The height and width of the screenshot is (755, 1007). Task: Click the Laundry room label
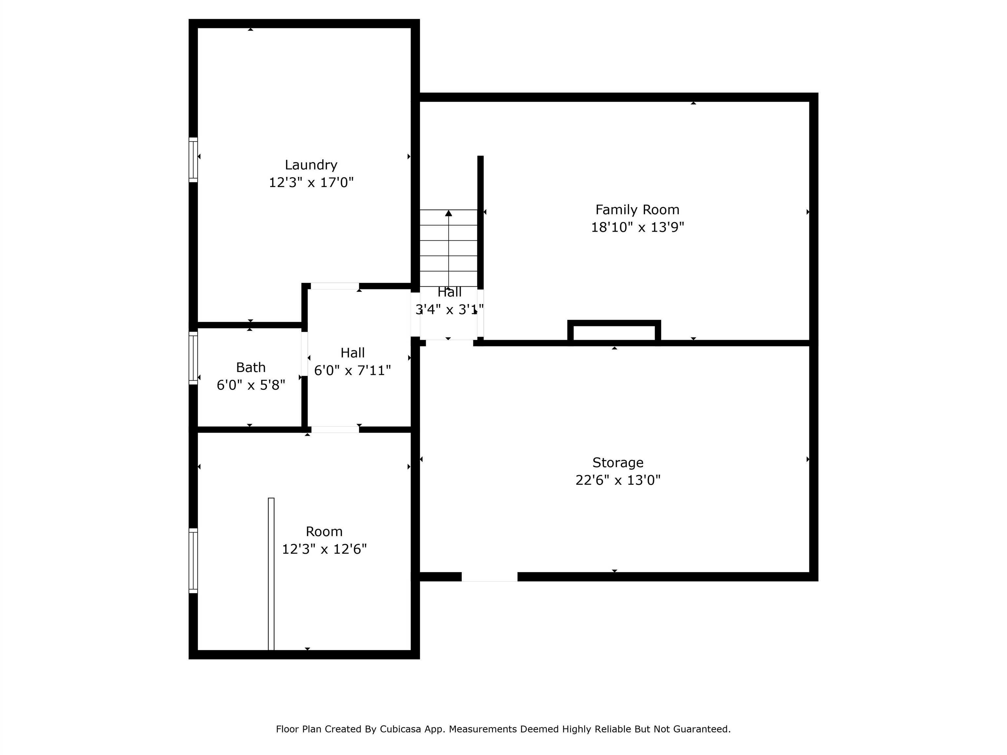311,165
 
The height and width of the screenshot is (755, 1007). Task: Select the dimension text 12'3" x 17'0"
311,183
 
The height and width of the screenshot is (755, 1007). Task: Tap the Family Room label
637,210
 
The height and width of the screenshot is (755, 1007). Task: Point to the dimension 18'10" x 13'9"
637,227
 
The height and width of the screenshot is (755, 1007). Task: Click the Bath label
250,367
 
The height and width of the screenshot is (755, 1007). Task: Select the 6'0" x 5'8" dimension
250,385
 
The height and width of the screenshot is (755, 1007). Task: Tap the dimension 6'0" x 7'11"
352,370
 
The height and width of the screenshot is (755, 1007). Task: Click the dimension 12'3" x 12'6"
324,549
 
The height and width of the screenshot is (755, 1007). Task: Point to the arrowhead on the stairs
448,213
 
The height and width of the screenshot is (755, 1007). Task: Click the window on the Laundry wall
193,160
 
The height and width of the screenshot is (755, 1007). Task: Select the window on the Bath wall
193,358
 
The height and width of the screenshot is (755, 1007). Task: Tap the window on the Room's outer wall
193,560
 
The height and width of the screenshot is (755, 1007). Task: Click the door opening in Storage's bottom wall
489,577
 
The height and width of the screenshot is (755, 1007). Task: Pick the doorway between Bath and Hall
304,354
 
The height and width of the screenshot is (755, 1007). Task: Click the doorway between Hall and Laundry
335,286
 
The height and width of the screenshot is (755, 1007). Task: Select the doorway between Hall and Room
335,429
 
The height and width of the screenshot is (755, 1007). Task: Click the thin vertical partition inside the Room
271,573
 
